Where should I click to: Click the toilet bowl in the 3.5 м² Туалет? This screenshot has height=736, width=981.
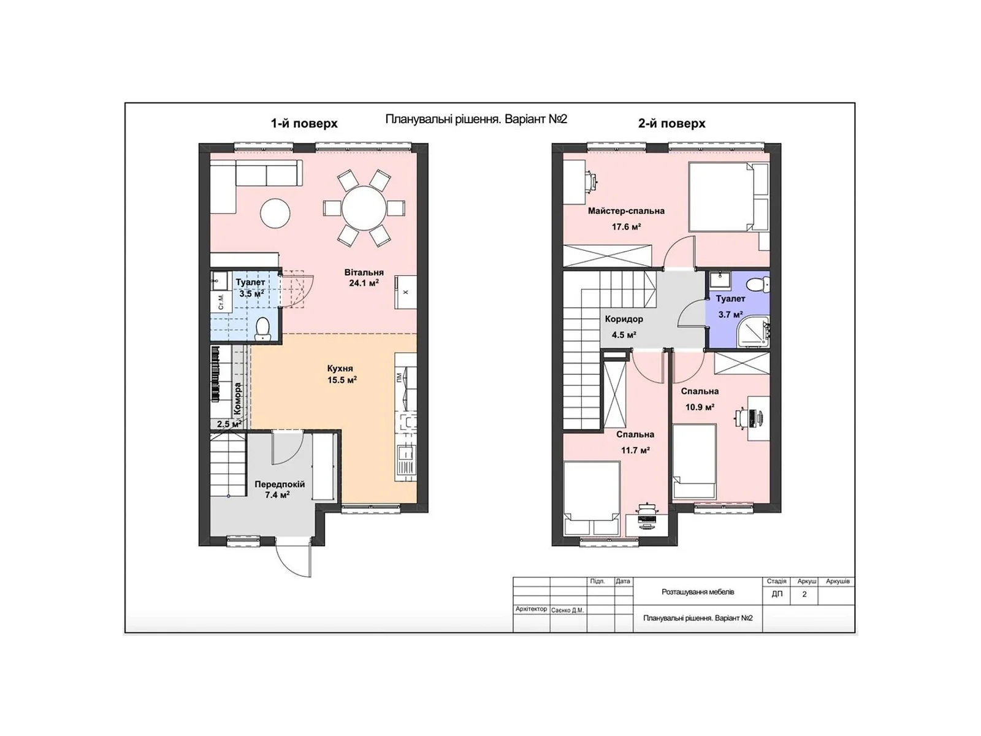(262, 328)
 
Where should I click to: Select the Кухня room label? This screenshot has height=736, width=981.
(340, 369)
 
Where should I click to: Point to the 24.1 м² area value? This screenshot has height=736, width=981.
(364, 283)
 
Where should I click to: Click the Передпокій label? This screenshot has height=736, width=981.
(280, 484)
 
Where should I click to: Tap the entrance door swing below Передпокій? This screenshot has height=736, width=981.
(294, 559)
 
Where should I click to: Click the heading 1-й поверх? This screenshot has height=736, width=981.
(304, 123)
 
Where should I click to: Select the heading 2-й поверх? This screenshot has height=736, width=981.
(671, 123)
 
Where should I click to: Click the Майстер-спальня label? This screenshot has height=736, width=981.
(626, 211)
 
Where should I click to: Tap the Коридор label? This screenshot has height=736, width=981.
(624, 319)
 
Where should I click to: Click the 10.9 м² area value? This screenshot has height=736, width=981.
(700, 407)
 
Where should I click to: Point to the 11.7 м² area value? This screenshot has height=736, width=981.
(635, 450)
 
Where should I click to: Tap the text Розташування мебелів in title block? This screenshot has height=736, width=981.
(698, 592)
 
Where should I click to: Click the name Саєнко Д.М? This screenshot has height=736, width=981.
(567, 610)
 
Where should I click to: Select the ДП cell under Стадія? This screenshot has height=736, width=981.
(777, 594)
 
